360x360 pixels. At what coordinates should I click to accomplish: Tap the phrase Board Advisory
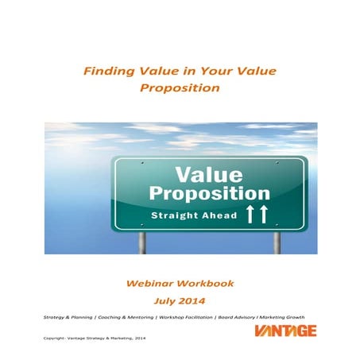tap(246, 316)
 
